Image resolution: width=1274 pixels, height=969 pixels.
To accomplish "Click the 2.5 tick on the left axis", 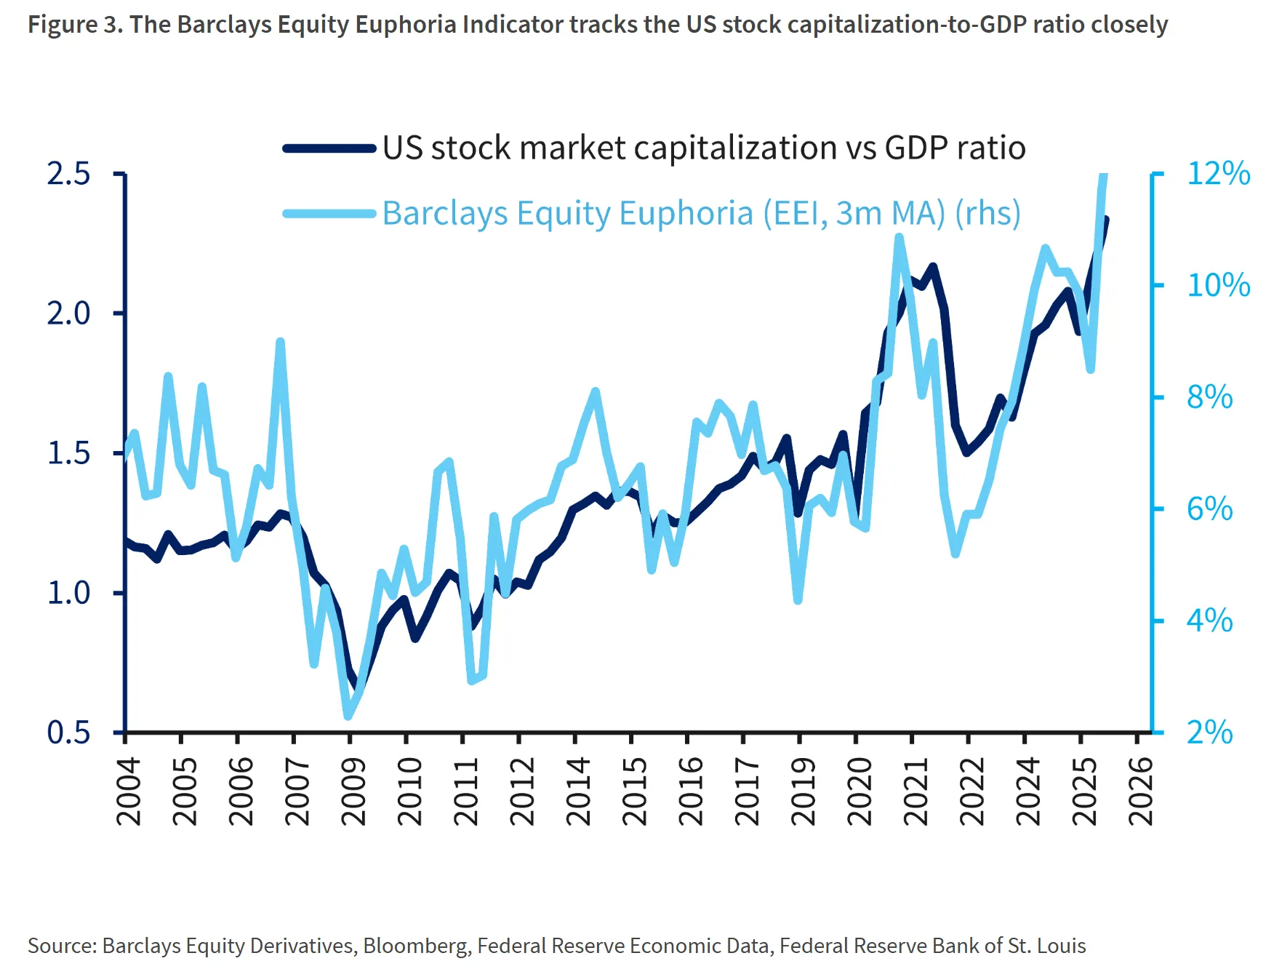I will pyautogui.click(x=68, y=174).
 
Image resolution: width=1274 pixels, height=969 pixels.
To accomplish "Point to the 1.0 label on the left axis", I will pyautogui.click(x=68, y=593).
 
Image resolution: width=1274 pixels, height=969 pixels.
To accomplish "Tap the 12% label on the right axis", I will pyautogui.click(x=1218, y=174).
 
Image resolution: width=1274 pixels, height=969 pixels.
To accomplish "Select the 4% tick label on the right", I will pyautogui.click(x=1209, y=621).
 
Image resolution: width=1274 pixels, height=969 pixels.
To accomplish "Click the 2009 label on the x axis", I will pyautogui.click(x=353, y=791).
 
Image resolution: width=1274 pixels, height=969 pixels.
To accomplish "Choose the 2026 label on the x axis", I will pyautogui.click(x=1140, y=791).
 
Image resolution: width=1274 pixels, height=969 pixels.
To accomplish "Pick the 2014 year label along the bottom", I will pyautogui.click(x=578, y=791).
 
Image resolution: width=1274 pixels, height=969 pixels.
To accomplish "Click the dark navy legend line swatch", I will pyautogui.click(x=329, y=148).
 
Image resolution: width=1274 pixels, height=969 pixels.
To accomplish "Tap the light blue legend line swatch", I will pyautogui.click(x=329, y=213).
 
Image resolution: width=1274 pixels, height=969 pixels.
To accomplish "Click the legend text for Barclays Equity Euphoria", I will pyautogui.click(x=701, y=213).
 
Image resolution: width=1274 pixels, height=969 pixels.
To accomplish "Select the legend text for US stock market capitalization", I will pyautogui.click(x=703, y=148).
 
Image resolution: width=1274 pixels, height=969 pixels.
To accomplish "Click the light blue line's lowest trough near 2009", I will pyautogui.click(x=348, y=716).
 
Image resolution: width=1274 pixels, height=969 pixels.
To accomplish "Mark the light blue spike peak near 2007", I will pyautogui.click(x=281, y=341).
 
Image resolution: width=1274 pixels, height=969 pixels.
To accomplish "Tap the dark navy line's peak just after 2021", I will pyautogui.click(x=933, y=267).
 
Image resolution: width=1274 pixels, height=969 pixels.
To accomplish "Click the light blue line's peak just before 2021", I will pyautogui.click(x=900, y=237).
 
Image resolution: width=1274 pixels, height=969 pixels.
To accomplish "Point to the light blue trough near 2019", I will pyautogui.click(x=798, y=600).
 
